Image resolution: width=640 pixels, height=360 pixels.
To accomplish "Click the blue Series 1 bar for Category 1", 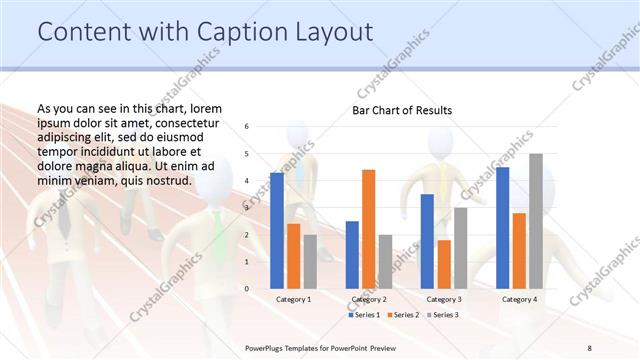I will [x=277, y=230].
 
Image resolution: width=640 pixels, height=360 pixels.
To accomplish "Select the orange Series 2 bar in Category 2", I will [x=369, y=229].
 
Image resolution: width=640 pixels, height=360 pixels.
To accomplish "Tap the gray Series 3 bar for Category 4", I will [x=536, y=221].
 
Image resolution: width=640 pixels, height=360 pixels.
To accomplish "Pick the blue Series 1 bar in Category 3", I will [x=427, y=241].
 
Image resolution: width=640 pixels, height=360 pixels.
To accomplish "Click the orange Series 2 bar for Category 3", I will [x=444, y=264].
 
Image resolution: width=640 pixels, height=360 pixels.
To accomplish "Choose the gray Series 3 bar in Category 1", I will [x=311, y=261].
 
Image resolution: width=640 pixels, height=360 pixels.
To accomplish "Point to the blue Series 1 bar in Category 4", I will [x=502, y=227].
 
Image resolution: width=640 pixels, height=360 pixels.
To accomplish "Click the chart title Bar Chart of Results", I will [x=402, y=110].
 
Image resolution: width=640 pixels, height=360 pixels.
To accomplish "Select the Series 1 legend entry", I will [x=364, y=315].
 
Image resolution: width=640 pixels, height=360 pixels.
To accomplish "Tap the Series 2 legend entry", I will [x=402, y=315].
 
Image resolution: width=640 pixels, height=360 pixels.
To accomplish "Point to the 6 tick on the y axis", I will [x=247, y=127].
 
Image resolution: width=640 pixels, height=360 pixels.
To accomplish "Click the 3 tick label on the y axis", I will [x=247, y=208].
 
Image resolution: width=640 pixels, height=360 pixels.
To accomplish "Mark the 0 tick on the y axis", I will [x=247, y=289].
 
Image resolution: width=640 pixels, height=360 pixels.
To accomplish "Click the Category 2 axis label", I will [x=369, y=299].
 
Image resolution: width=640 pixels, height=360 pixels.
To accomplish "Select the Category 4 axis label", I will [x=519, y=299].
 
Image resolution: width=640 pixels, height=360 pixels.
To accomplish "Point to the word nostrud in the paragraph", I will [x=166, y=180].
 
